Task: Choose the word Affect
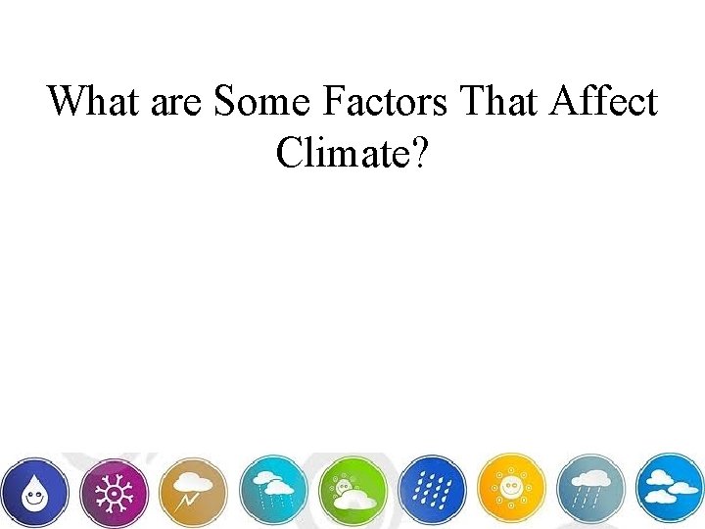coord(600,101)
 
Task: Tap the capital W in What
coord(67,101)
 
